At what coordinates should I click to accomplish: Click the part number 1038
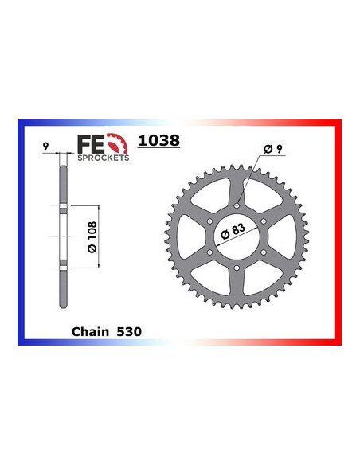(158, 142)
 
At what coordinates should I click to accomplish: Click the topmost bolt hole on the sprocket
(237, 205)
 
